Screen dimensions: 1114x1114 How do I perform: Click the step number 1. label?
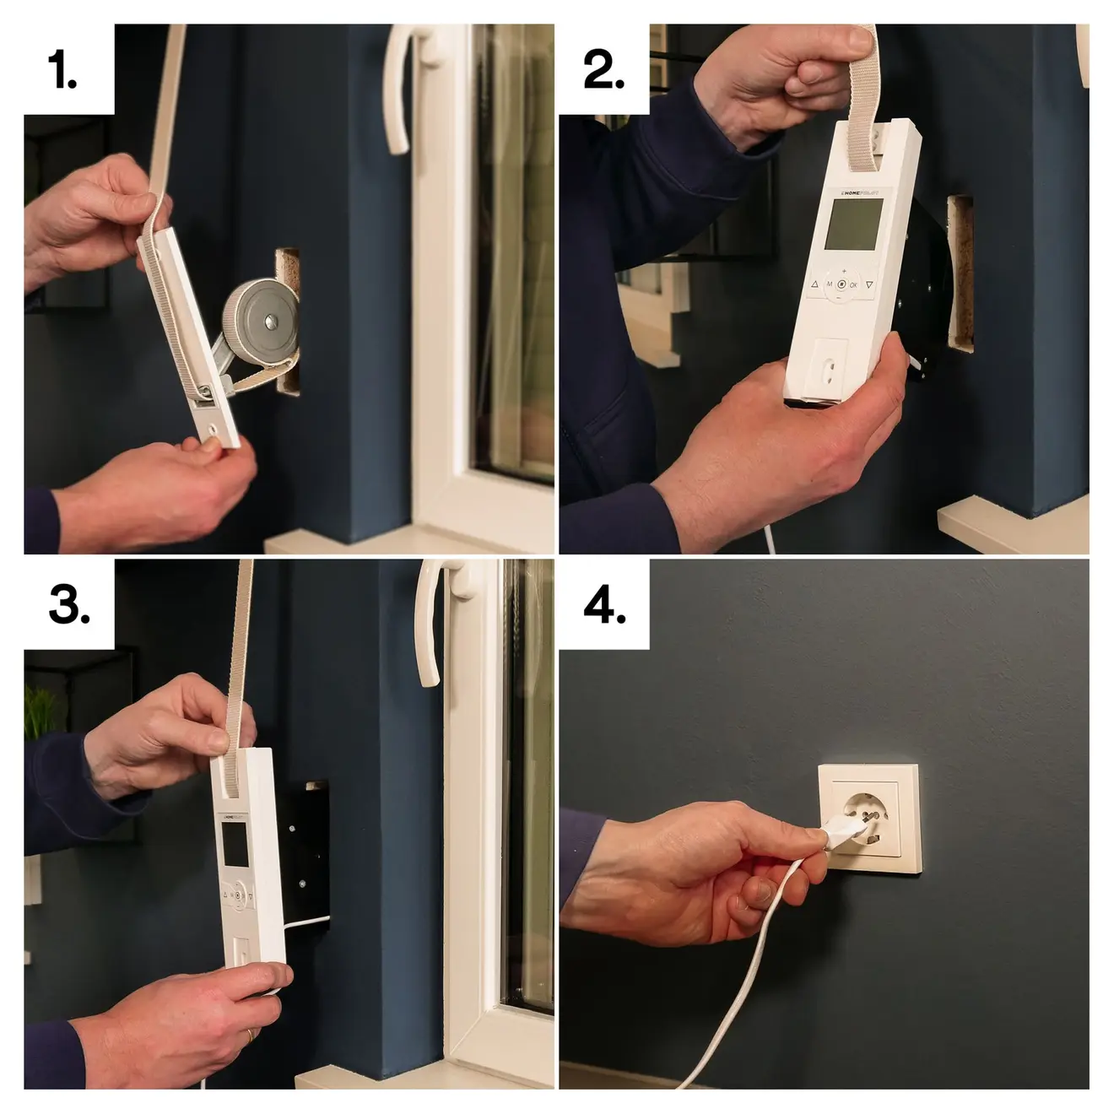[x=62, y=69]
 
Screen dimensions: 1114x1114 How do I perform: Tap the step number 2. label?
[x=603, y=69]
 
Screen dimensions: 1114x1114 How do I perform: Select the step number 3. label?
[x=69, y=604]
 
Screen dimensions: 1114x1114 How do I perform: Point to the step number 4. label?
[x=604, y=604]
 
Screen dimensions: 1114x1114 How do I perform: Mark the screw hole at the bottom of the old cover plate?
[x=214, y=430]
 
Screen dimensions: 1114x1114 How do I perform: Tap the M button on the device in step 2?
[x=829, y=285]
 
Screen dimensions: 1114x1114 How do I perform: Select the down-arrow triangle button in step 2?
[x=869, y=286]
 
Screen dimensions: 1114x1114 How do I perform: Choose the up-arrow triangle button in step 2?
[x=814, y=285]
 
